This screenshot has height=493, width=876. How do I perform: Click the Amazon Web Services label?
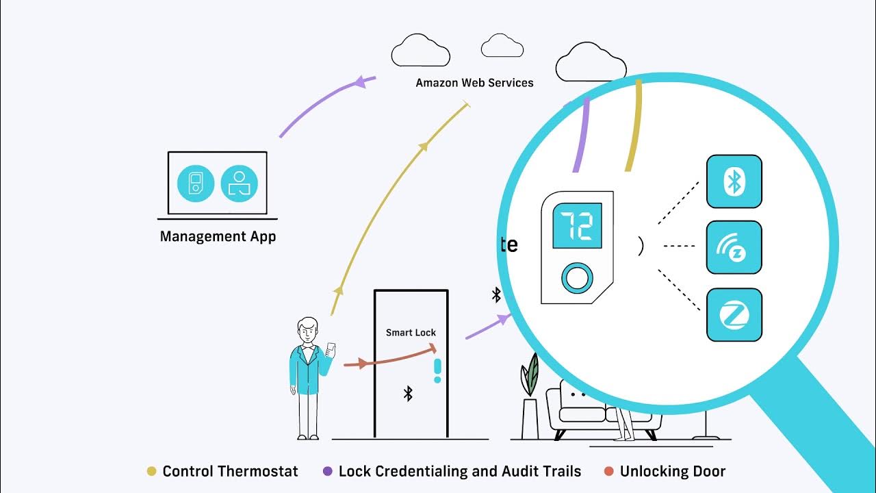pos(474,83)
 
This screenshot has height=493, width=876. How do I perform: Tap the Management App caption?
pos(218,237)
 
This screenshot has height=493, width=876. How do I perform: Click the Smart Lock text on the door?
pos(411,333)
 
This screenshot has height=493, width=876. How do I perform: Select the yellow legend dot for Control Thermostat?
pos(152,471)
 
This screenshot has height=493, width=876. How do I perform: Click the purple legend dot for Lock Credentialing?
pos(327,471)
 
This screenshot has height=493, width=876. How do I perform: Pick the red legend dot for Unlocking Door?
pos(609,471)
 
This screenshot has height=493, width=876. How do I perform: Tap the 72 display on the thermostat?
pos(576,225)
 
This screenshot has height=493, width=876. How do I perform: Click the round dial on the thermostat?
pos(576,278)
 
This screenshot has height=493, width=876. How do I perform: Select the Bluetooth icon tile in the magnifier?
pos(734,181)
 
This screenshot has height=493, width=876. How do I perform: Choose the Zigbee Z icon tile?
pos(734,315)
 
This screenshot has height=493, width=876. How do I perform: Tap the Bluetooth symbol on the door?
pos(408,393)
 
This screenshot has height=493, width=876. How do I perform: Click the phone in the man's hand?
pos(331,349)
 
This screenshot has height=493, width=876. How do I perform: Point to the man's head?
pos(309,331)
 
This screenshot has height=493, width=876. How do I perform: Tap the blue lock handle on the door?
pos(437,370)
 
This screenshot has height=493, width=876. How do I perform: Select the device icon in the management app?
pos(196,184)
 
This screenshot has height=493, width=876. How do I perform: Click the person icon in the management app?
pos(239,184)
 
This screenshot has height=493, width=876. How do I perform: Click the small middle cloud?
pos(502,47)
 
